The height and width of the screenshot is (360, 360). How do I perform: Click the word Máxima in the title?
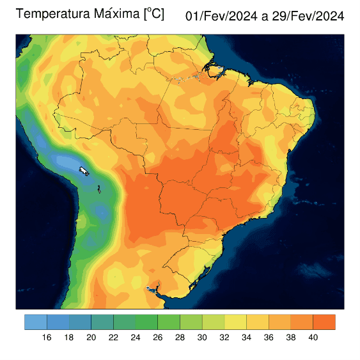(111, 14)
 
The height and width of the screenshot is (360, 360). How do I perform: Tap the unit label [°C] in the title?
(153, 13)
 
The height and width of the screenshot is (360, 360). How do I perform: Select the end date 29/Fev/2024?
(309, 17)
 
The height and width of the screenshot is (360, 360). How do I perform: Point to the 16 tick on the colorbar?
(47, 338)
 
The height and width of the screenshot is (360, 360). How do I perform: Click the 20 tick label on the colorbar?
(91, 338)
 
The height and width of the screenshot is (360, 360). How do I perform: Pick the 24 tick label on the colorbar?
(136, 338)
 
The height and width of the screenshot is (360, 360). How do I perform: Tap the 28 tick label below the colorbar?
(180, 338)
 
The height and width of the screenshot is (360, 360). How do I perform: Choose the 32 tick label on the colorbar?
(224, 338)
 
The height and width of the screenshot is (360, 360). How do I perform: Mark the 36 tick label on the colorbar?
(269, 338)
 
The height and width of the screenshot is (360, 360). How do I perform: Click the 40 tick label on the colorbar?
(313, 338)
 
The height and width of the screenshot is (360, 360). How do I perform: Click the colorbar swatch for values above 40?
(324, 322)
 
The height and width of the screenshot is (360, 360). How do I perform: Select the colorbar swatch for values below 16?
(35, 322)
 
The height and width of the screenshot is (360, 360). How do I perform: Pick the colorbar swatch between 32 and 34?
(235, 322)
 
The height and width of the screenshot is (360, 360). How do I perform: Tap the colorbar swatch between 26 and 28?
(169, 322)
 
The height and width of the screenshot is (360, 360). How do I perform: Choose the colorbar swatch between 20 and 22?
(102, 322)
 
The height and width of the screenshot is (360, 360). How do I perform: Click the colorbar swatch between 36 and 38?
(279, 322)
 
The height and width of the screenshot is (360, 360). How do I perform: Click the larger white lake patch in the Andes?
(83, 171)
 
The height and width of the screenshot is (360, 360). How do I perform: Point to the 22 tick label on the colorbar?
(113, 338)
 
